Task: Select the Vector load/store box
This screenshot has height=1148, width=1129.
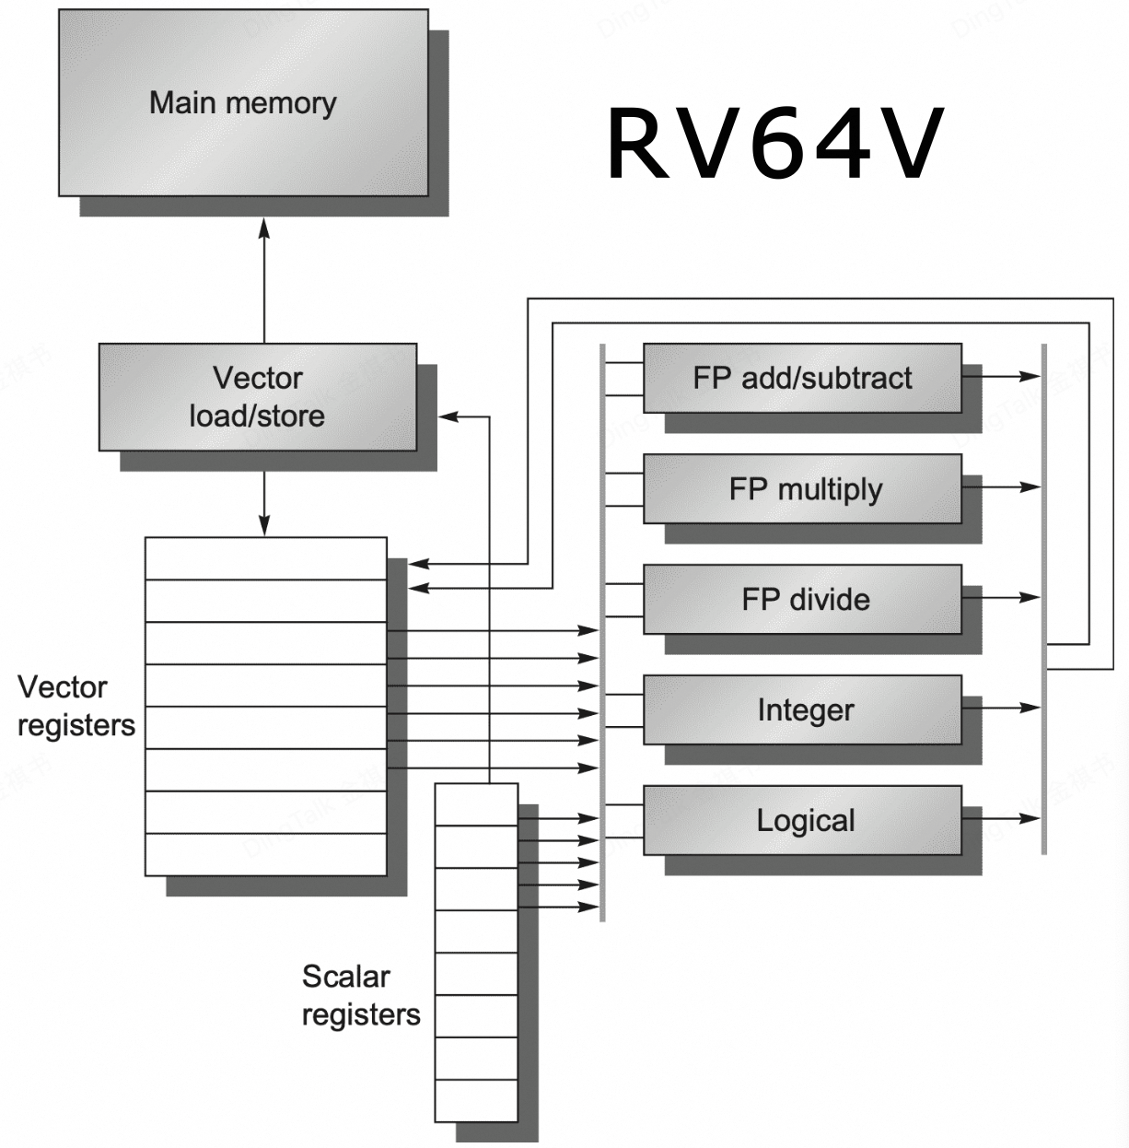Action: (257, 397)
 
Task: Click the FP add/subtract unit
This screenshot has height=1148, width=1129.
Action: (802, 378)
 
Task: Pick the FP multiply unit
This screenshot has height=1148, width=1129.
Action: (802, 488)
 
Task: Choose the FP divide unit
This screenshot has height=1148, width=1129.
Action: (802, 599)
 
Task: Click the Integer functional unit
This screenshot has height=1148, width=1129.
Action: (802, 709)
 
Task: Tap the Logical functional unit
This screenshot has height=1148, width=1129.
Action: (802, 820)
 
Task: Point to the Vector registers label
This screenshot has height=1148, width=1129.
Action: (76, 706)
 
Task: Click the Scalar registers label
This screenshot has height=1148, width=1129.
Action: (360, 995)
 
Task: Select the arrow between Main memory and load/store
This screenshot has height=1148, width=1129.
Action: (264, 276)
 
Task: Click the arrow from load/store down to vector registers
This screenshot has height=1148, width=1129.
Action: (264, 502)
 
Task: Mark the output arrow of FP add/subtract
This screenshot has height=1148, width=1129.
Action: (1004, 376)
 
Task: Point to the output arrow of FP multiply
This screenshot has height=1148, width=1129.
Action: (1004, 486)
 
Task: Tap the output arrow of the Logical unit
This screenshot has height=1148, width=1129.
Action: (1004, 818)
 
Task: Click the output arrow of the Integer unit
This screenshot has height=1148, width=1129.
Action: (1004, 708)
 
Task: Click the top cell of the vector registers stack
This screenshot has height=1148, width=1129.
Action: (265, 558)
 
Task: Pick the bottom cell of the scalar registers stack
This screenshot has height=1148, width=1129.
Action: (476, 1100)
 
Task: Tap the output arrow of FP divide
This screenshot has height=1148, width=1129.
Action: (1004, 597)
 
